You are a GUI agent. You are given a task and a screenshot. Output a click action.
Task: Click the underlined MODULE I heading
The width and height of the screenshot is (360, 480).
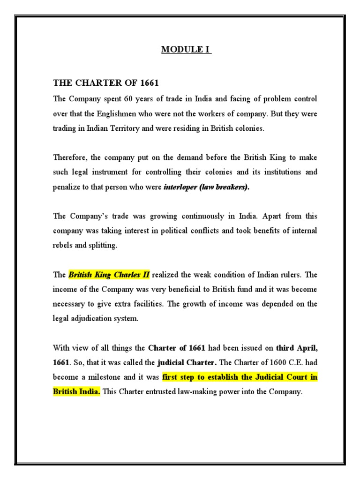pyautogui.click(x=186, y=50)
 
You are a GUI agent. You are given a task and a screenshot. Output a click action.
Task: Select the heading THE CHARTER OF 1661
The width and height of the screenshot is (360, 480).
pyautogui.click(x=106, y=83)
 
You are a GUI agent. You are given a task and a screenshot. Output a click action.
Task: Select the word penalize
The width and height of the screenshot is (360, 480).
pyautogui.click(x=67, y=187)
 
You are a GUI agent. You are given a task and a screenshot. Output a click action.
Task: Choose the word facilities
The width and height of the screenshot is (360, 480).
pyautogui.click(x=147, y=304)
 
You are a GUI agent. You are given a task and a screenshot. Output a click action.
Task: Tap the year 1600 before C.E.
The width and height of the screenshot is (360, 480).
pyautogui.click(x=270, y=362)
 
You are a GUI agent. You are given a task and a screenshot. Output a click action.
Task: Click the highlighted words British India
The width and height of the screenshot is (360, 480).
pyautogui.click(x=76, y=392)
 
